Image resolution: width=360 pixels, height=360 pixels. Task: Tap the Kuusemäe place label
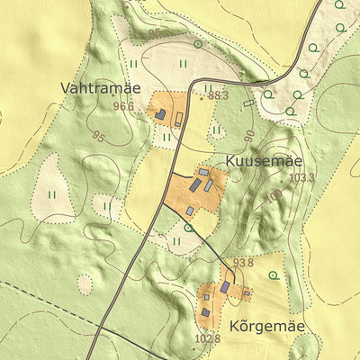coord(262,159)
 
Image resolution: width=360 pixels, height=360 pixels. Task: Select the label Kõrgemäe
coord(267,326)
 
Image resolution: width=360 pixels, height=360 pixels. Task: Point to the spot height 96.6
coord(123,106)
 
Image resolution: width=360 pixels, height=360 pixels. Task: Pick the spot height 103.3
coord(302,177)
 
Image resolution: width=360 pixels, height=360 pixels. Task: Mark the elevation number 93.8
coord(244,263)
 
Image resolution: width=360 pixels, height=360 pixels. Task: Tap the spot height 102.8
coord(207,338)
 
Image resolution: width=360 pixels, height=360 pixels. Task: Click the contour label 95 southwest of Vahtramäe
coord(98,138)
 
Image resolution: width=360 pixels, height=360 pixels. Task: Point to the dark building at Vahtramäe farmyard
coord(160,114)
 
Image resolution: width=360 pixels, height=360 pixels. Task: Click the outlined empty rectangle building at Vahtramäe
coord(179,118)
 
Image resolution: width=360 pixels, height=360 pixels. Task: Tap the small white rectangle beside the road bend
coord(248,103)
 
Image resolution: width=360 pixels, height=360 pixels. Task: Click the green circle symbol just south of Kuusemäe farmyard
coord(188,228)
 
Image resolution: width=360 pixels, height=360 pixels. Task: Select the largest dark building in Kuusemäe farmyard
coord(195,184)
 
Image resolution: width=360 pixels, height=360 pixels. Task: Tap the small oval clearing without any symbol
coord(85,284)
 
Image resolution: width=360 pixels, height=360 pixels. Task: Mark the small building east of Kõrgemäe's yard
coord(247,292)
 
